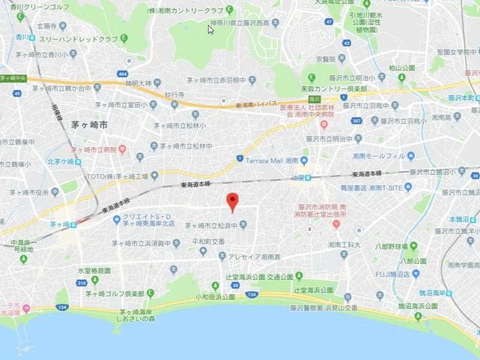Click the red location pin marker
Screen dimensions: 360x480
pos(232,201)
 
